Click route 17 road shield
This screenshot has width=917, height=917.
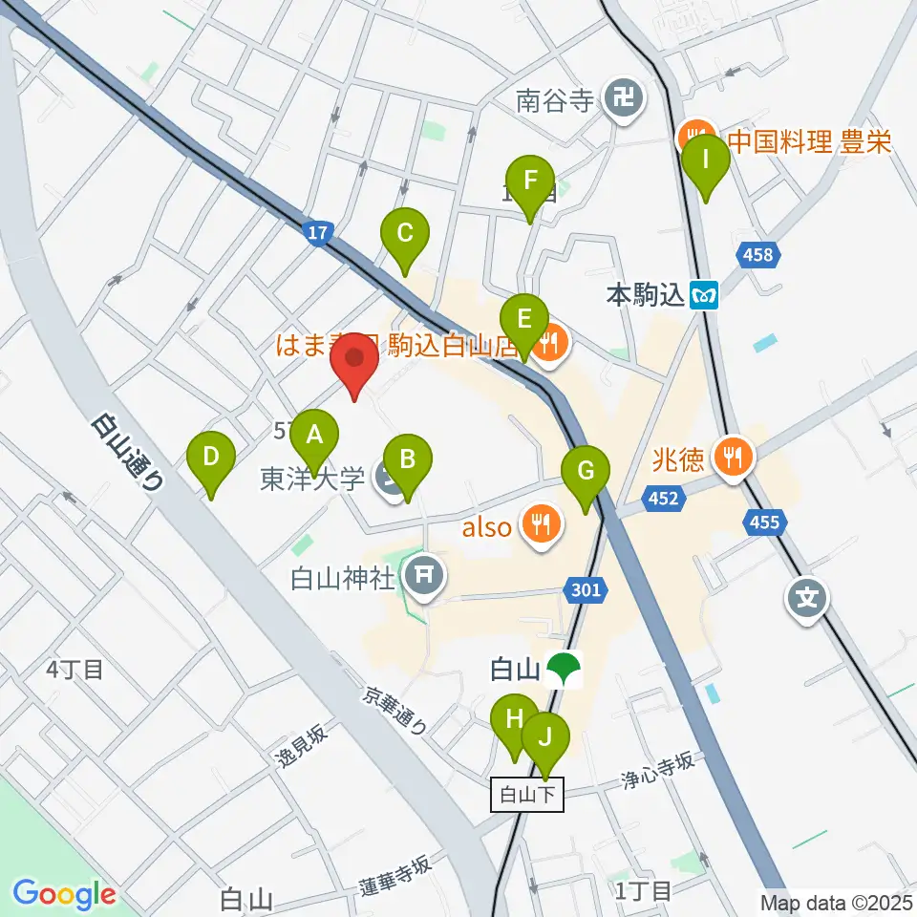point(319,232)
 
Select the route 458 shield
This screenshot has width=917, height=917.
point(760,255)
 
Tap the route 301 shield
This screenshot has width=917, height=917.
point(586,590)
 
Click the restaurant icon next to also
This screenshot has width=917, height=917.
point(541,523)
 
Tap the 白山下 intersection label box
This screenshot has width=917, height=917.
point(528,795)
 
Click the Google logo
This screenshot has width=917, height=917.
point(65,895)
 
